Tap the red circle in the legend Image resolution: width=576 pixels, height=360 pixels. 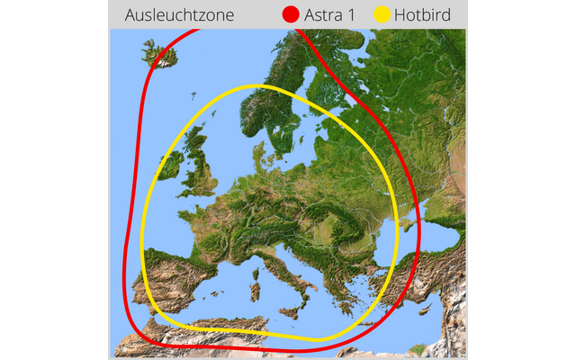coord(290,14)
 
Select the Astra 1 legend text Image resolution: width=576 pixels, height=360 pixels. coord(329,14)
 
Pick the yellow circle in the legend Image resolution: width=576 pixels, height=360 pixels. coord(383,14)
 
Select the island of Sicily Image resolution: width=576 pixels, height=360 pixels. coord(292,310)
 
